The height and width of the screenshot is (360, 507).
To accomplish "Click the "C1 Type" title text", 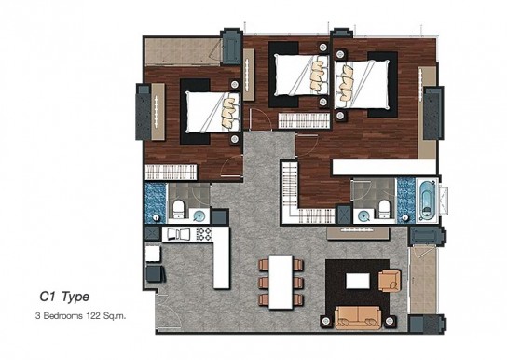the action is (x=64, y=297).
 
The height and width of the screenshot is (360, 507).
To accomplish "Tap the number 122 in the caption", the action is (x=93, y=315).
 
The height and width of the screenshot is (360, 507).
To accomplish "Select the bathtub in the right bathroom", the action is (x=428, y=201).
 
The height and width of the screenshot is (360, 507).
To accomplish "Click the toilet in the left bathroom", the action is (x=179, y=208).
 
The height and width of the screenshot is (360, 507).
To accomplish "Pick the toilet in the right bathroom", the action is (x=385, y=208).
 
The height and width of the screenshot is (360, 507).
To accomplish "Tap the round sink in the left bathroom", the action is (x=199, y=215).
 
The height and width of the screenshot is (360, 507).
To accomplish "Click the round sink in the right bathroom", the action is (x=364, y=215).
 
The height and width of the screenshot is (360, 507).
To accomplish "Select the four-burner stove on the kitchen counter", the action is (x=204, y=234).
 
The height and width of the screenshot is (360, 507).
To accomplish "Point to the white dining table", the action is (x=281, y=282).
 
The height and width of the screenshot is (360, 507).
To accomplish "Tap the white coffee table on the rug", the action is (x=358, y=281).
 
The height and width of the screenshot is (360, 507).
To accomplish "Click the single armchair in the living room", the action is (x=390, y=281).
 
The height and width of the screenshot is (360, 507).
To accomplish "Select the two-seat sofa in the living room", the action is (x=358, y=317).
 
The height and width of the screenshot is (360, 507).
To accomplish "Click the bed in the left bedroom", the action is (x=212, y=112).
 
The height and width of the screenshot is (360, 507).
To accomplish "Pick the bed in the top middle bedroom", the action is (x=302, y=75).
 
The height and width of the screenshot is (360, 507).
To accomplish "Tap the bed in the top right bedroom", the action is (x=362, y=85).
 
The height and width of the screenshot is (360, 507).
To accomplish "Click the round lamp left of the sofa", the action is (x=326, y=321).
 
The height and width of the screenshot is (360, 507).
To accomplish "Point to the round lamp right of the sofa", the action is (x=390, y=321).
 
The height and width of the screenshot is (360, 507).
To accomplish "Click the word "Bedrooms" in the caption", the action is (x=62, y=315).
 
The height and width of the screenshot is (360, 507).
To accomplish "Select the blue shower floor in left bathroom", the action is (x=156, y=203).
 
